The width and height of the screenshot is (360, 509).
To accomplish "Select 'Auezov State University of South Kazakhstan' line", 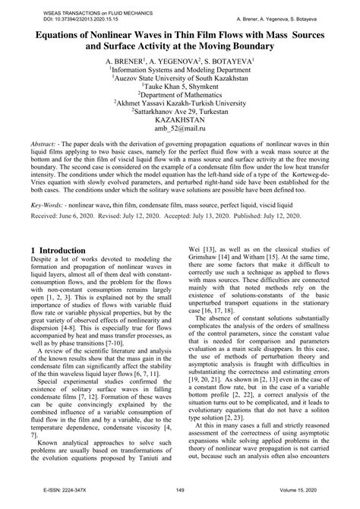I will tap(180, 76).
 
